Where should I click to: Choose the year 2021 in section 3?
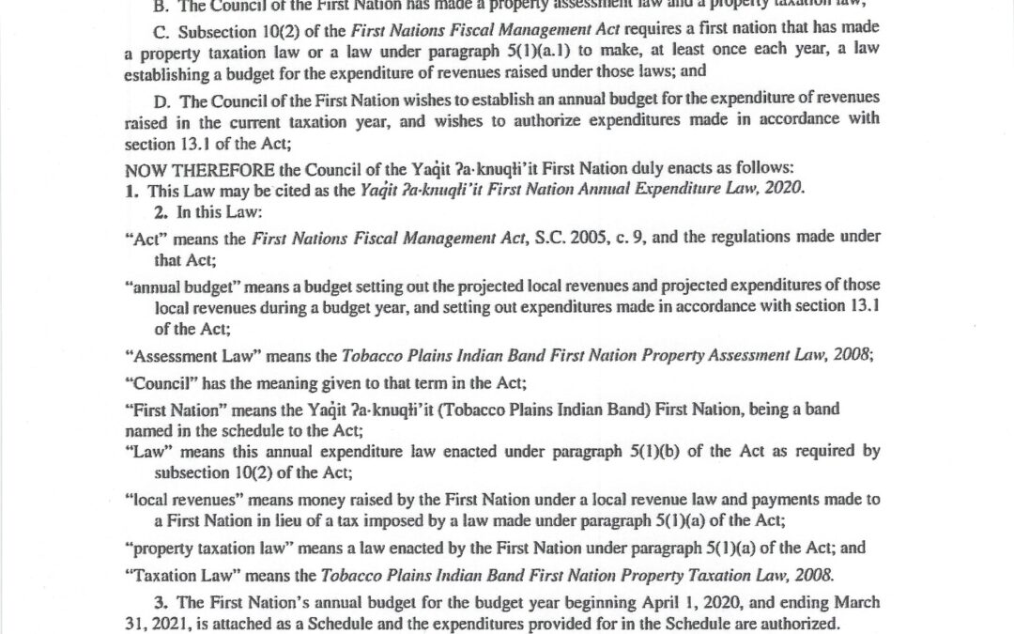click(x=165, y=623)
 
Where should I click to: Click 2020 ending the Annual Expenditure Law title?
click(x=787, y=189)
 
